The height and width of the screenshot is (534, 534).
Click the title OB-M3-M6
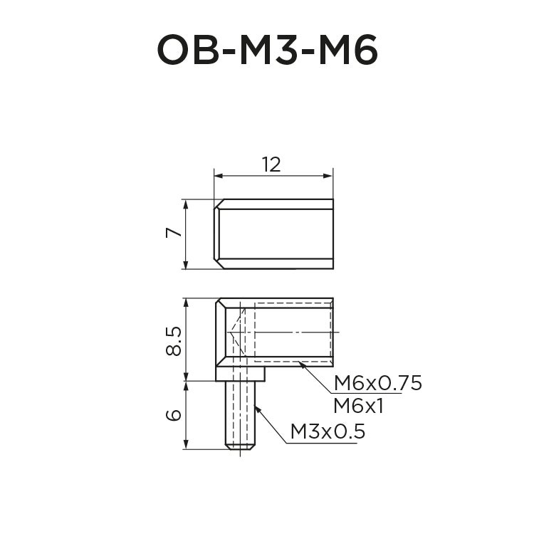coord(267,51)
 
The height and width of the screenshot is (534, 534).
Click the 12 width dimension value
coord(271,164)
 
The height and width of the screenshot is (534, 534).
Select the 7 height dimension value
coord(171,234)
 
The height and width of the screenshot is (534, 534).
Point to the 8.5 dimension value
coord(172,340)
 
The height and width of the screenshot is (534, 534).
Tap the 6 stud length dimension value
coord(172,414)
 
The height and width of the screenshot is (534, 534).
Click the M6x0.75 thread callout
coord(378,383)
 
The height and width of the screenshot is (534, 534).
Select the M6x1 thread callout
coord(359,406)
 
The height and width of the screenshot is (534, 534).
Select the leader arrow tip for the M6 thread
coord(301,364)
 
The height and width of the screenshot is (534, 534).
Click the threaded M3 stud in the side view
coord(241,413)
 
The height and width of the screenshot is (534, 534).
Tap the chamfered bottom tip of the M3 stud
coord(241,447)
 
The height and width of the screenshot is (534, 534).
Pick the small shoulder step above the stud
coord(241,374)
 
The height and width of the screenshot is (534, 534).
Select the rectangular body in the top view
coord(274,234)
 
